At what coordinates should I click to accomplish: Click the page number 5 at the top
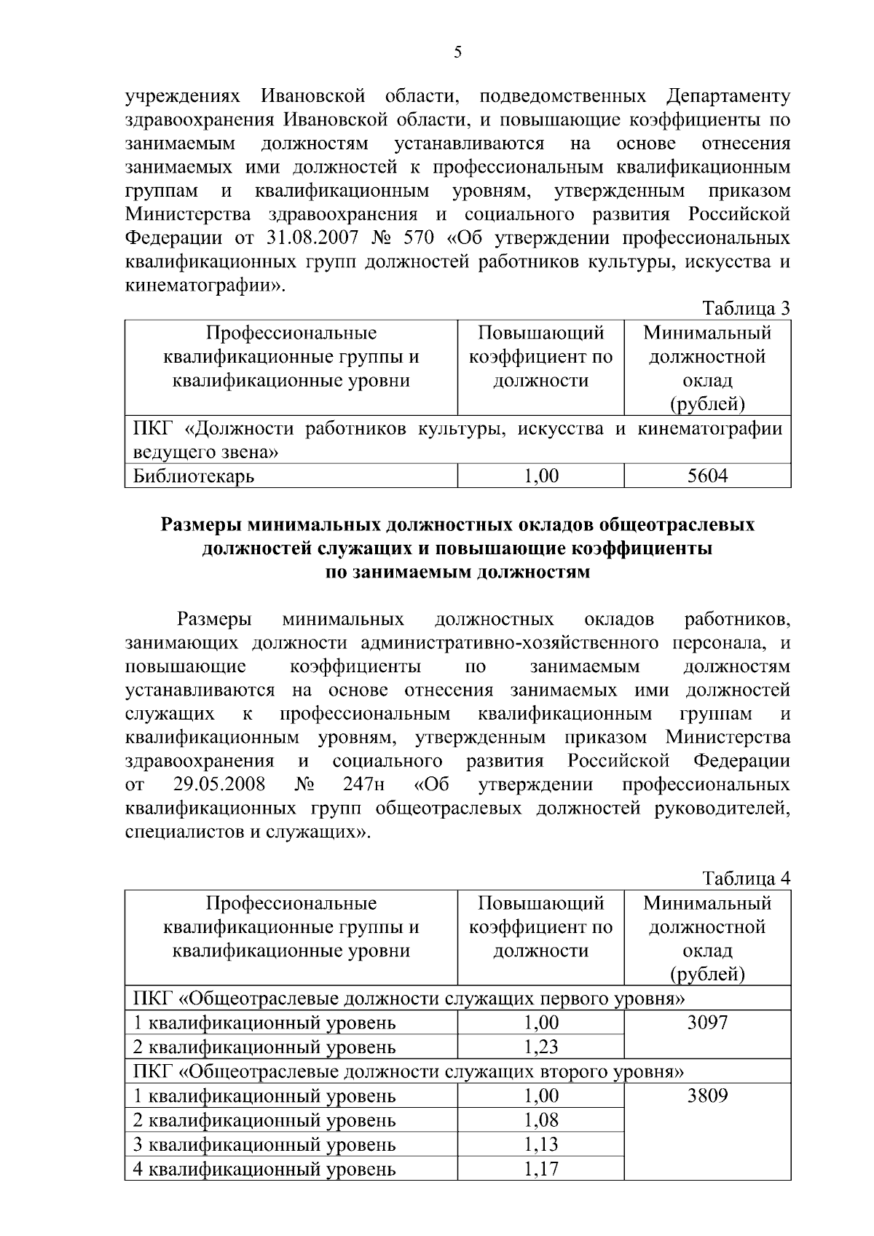[x=457, y=52]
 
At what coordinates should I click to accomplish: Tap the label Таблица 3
[x=747, y=309]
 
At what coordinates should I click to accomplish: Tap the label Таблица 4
[x=747, y=878]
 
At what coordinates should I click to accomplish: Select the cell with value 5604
[x=707, y=476]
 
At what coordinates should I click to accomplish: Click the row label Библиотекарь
[x=194, y=476]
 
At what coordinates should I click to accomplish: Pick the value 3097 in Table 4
[x=707, y=1023]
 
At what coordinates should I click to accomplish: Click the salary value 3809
[x=707, y=1095]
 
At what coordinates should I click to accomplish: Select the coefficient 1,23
[x=541, y=1047]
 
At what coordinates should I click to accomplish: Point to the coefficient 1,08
[x=541, y=1120]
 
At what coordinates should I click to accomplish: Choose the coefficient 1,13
[x=541, y=1144]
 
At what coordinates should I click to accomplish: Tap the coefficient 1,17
[x=541, y=1170]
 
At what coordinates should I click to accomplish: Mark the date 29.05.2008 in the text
[x=219, y=784]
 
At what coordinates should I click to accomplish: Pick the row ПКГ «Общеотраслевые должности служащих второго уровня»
[x=408, y=1071]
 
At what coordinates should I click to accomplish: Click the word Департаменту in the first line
[x=728, y=96]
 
